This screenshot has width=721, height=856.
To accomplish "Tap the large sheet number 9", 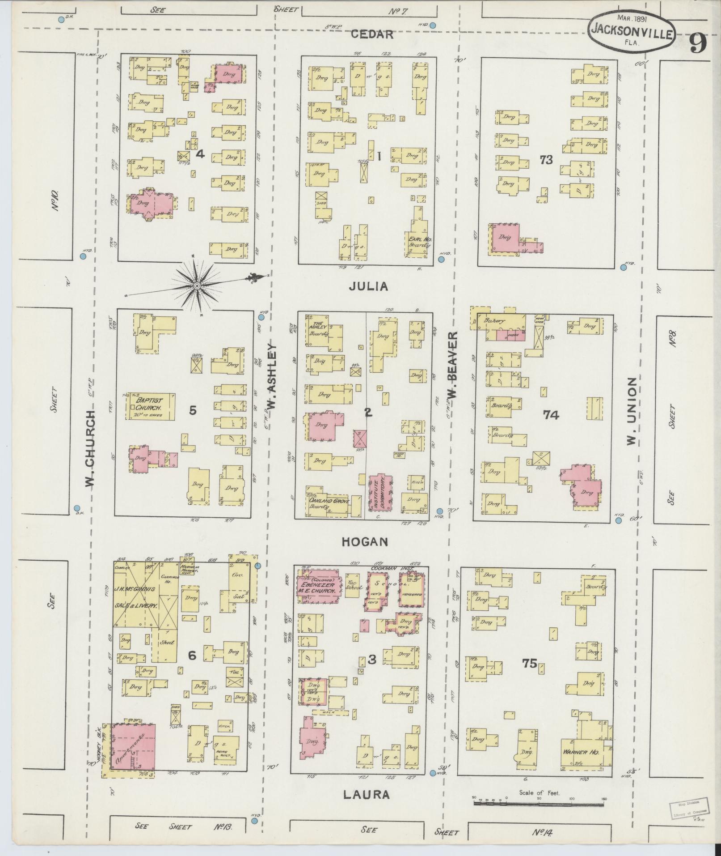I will point(698,43).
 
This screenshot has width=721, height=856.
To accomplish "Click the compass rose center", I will point(197,285).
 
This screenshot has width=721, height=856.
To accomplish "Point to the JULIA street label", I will point(368,287).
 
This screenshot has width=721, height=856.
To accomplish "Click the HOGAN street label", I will point(365,542).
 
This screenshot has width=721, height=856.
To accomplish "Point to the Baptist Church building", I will point(150,407).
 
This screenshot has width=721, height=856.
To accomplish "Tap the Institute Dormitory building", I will point(380,492).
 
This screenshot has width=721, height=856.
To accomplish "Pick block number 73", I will point(546,160).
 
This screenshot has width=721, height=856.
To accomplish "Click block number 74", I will point(551,415).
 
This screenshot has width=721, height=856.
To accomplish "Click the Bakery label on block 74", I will point(493,321).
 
